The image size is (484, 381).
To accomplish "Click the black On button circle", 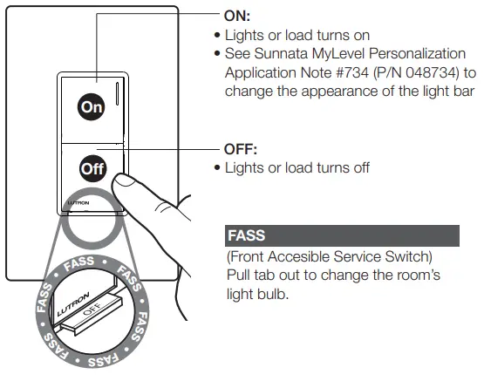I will click(91, 106).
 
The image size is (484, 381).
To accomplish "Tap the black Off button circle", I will click(91, 167).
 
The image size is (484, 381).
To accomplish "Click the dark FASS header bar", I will click(342, 235).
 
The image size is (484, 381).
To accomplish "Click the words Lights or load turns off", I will click(297, 167).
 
